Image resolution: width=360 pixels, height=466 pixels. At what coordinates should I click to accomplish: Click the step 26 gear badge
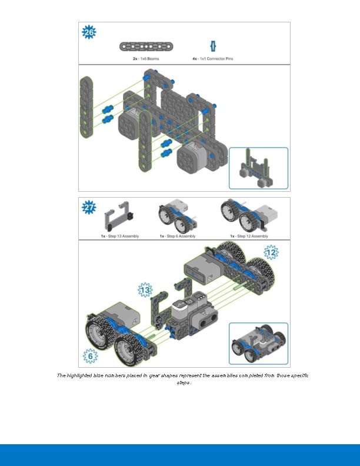[x=88, y=32]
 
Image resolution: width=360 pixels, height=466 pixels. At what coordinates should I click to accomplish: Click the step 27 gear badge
[x=88, y=208]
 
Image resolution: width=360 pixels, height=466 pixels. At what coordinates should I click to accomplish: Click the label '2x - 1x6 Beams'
[x=145, y=59]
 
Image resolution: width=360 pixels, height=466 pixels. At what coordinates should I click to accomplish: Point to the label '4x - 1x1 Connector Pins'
[x=212, y=59]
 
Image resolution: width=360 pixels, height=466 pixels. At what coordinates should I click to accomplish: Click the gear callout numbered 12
[x=271, y=253]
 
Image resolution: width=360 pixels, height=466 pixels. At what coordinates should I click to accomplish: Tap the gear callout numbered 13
[x=145, y=289]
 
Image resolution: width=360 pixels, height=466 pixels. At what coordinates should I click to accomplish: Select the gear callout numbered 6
[x=90, y=356]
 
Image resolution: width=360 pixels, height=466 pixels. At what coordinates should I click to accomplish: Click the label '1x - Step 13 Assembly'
[x=119, y=236]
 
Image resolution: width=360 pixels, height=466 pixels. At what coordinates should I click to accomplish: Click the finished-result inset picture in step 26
[x=258, y=168]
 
